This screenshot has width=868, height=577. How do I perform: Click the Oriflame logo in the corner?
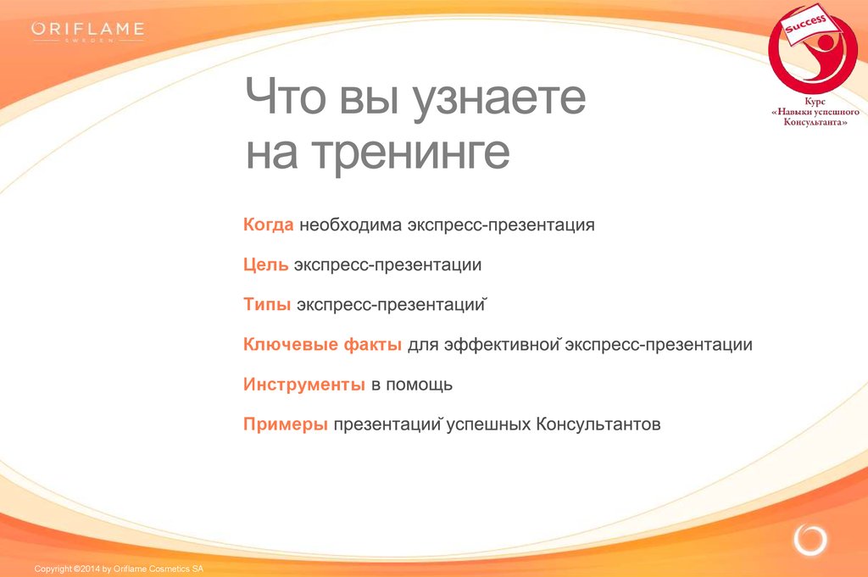[x=88, y=31]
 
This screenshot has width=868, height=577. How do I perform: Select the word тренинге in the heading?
[x=410, y=153]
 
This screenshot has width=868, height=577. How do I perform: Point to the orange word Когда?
[x=269, y=225]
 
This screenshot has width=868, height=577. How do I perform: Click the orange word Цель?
[x=265, y=264]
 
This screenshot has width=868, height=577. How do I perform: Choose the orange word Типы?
[x=267, y=304]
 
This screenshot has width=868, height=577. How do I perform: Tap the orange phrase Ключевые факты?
[x=322, y=344]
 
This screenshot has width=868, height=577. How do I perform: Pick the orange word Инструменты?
[x=304, y=384]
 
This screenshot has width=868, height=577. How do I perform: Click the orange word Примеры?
[x=286, y=424]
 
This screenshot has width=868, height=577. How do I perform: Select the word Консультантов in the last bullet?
[x=598, y=424]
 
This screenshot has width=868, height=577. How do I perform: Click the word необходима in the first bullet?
[x=350, y=225]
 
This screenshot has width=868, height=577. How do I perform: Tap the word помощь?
[x=419, y=385]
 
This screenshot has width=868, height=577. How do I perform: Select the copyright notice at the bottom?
[x=119, y=569]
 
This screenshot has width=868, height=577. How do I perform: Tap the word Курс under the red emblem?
[x=815, y=102]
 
